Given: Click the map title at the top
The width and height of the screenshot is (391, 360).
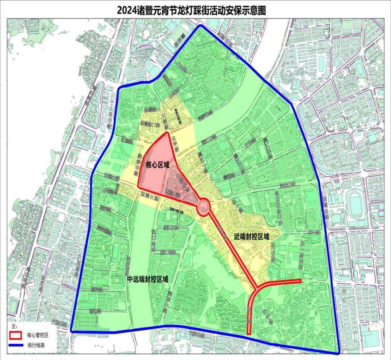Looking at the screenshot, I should (x=192, y=10).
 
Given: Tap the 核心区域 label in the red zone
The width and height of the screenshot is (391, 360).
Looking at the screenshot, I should (x=157, y=165).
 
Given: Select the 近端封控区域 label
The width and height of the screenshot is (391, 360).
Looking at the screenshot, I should (x=251, y=237).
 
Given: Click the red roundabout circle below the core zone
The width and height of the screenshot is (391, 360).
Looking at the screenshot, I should (x=204, y=208).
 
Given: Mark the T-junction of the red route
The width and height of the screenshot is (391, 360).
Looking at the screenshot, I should (x=257, y=288).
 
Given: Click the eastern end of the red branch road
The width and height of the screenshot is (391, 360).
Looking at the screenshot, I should (x=300, y=281).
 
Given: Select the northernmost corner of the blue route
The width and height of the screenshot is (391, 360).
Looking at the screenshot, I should (x=199, y=26).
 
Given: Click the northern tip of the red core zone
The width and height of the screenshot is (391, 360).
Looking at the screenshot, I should (x=168, y=133).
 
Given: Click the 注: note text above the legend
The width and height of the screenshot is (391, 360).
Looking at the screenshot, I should (x=14, y=327).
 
